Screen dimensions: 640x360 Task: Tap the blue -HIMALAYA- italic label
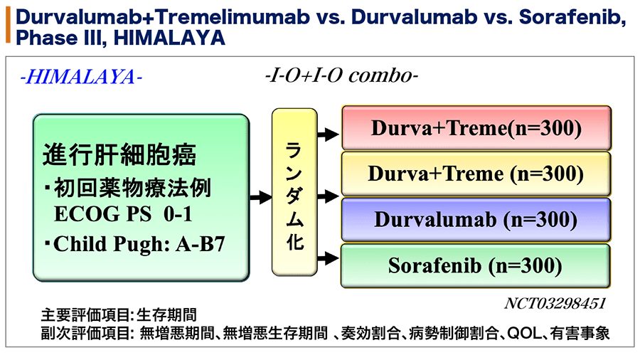(x=81, y=77)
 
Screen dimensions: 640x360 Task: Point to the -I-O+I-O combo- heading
(x=341, y=75)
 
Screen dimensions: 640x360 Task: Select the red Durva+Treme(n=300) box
(x=476, y=128)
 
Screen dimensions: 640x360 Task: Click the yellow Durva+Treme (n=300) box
(x=476, y=174)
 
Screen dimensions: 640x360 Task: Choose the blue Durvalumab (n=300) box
(x=476, y=220)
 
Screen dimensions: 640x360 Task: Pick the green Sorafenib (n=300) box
(x=476, y=265)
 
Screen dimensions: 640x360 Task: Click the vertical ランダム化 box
(x=294, y=192)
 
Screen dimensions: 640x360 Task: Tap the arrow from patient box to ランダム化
(x=261, y=198)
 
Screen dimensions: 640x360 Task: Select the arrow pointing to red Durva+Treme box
(x=328, y=134)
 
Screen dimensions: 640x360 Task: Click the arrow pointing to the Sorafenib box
(x=328, y=258)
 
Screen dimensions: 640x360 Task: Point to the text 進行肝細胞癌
(x=119, y=154)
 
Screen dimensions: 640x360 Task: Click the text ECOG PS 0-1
(x=123, y=214)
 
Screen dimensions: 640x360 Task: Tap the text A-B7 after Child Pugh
(x=201, y=244)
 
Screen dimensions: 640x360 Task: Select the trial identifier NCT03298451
(x=555, y=304)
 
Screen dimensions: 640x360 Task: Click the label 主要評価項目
(x=85, y=315)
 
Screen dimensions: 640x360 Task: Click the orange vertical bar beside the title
(x=8, y=25)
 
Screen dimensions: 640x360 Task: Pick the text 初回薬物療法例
(x=132, y=188)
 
